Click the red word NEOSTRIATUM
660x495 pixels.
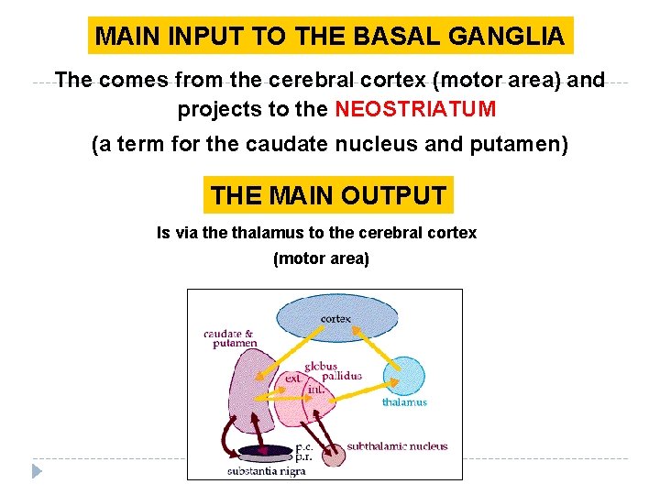click(x=415, y=109)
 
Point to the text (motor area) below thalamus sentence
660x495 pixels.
click(x=321, y=258)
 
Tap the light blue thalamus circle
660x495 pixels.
click(x=404, y=377)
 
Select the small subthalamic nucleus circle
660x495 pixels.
click(x=334, y=453)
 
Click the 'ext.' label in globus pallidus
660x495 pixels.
click(x=293, y=378)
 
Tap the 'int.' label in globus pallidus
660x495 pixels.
click(x=316, y=389)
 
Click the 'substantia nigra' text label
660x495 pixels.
click(x=267, y=471)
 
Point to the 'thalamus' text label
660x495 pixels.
click(x=404, y=401)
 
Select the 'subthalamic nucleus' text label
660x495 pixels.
click(x=397, y=446)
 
